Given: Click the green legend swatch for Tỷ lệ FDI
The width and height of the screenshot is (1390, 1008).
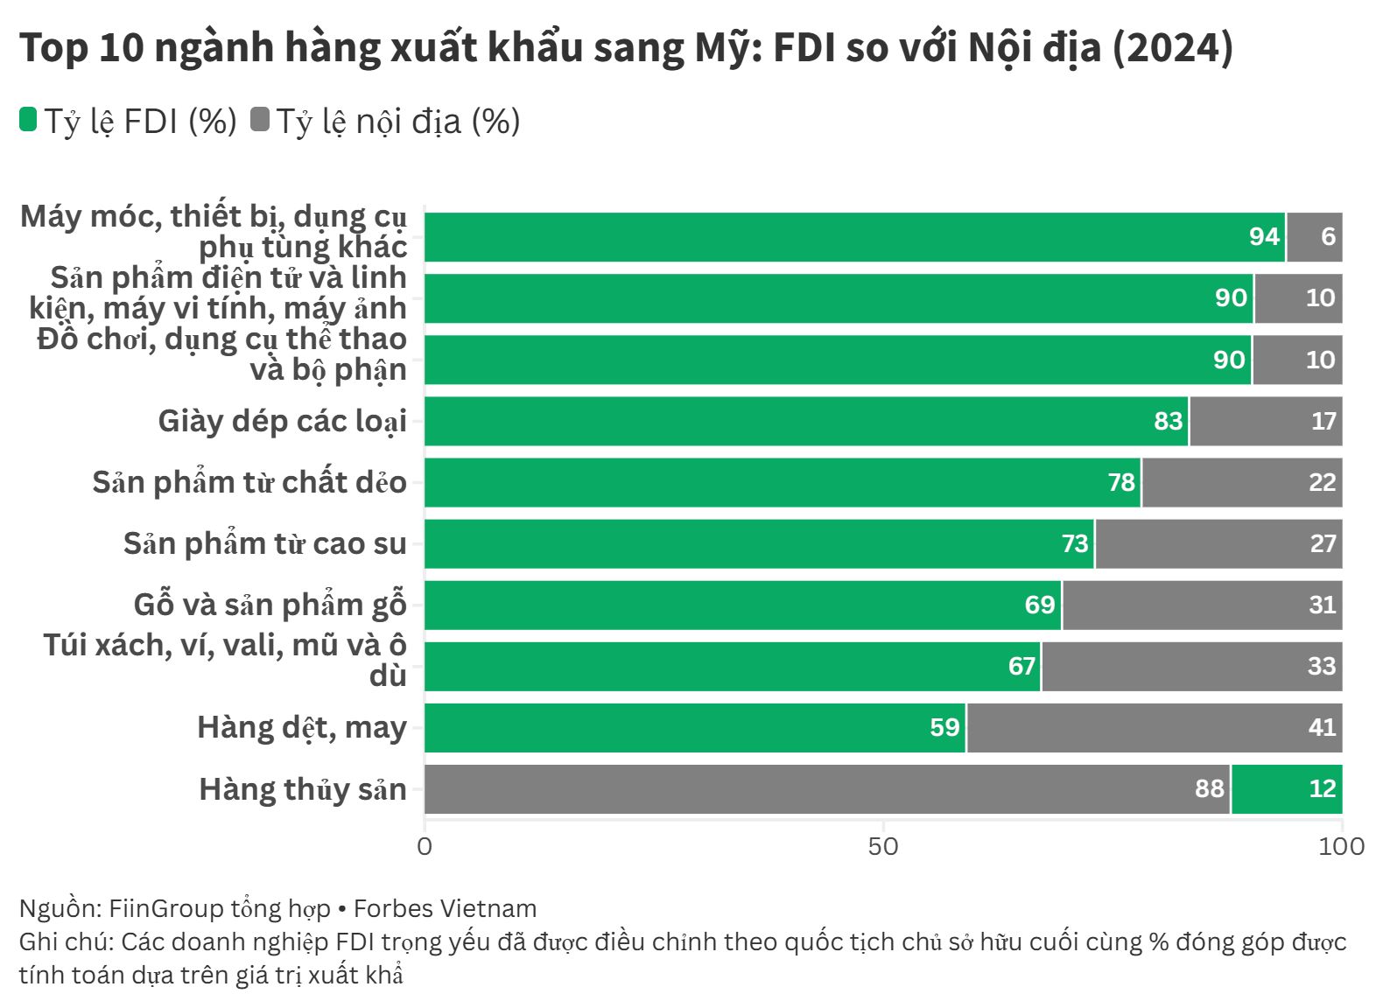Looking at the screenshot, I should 28,120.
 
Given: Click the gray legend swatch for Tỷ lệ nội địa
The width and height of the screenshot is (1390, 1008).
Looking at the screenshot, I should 259,120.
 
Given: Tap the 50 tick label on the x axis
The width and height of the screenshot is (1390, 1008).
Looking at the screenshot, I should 883,846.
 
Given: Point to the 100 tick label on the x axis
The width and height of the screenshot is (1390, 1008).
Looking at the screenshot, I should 1341,846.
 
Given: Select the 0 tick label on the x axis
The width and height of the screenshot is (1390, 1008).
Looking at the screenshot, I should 425,846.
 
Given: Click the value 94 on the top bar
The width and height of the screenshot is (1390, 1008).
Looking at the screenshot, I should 1264,237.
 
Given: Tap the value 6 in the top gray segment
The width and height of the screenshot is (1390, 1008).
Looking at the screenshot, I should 1328,237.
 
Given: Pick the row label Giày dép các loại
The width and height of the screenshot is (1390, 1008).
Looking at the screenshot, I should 282,422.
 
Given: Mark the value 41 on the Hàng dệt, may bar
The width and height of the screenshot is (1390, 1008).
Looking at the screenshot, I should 1322,728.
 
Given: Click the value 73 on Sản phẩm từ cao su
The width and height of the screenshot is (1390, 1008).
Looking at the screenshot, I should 1075,544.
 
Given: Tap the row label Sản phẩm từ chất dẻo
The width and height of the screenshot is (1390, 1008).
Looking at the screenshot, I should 249,483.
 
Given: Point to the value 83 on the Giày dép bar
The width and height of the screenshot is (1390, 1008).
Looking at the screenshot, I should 1168,422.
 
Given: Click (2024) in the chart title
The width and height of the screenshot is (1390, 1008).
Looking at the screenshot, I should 1172,47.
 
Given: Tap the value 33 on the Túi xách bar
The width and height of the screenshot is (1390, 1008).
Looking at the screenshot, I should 1322,667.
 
